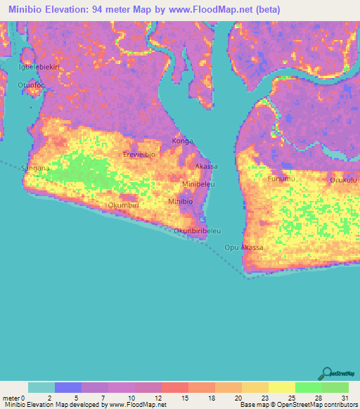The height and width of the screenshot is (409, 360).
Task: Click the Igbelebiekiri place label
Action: tap(38, 67)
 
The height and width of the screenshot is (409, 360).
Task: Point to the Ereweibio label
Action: tap(138, 154)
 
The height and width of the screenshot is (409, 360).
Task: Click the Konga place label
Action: tap(182, 141)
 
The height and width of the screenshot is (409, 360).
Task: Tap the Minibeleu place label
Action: tap(198, 184)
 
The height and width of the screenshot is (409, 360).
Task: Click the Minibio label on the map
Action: tap(180, 202)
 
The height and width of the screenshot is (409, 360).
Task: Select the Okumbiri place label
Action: tap(124, 205)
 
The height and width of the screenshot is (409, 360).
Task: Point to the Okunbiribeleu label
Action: tap(198, 231)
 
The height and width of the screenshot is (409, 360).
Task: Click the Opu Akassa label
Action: tap(244, 248)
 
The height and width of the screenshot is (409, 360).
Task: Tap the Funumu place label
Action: tap(283, 179)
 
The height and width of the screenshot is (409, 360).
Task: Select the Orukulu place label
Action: tap(344, 180)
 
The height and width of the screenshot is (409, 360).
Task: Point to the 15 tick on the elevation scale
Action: tap(184, 397)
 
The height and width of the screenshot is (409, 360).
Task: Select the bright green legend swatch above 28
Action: tap(309, 387)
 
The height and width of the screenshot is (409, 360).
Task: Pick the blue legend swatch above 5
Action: tap(68, 387)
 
